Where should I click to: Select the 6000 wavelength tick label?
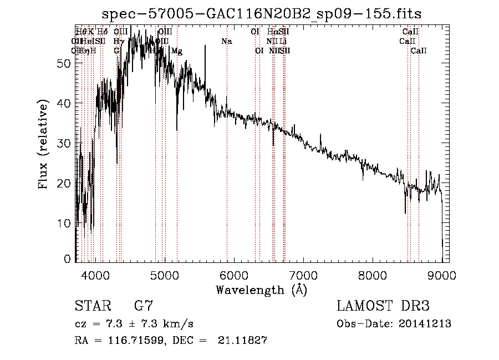(x=233, y=275)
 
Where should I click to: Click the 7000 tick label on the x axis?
(x=303, y=275)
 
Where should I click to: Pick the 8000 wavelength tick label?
(x=372, y=275)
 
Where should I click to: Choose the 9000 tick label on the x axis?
(x=441, y=275)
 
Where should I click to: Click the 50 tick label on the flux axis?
(x=64, y=63)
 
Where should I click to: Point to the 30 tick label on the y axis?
(x=64, y=143)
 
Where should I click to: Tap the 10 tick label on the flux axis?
(x=64, y=223)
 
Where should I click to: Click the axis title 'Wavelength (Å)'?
(x=261, y=290)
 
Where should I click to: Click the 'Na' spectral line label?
(x=226, y=42)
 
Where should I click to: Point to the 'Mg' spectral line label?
(x=177, y=51)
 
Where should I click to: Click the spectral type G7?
(x=143, y=306)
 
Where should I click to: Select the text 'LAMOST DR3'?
(x=383, y=306)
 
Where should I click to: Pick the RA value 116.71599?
(x=138, y=341)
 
